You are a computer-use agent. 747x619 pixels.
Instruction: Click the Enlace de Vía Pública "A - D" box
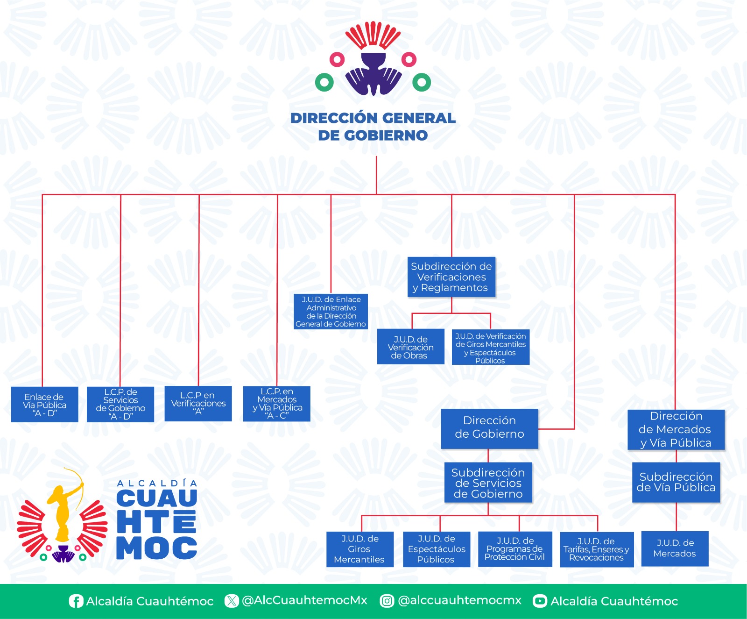click(44, 405)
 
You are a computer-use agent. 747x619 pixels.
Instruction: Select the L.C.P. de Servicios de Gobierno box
click(120, 404)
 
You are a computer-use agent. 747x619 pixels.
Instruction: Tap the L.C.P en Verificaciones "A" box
click(198, 403)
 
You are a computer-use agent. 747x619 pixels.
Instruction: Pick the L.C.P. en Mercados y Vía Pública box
click(277, 403)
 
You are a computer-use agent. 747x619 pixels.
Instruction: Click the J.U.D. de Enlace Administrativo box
click(331, 312)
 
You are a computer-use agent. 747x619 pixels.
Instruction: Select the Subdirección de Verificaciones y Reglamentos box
click(451, 277)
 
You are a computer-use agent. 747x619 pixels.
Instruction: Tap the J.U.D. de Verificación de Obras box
click(410, 347)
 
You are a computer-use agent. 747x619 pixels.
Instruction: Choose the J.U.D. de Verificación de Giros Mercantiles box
click(491, 348)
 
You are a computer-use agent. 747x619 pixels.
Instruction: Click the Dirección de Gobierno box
click(489, 428)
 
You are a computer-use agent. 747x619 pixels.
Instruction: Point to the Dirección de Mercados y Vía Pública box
click(676, 429)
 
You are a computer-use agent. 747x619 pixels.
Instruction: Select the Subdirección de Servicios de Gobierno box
click(488, 483)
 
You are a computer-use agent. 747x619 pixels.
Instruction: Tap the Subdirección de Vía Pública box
click(676, 482)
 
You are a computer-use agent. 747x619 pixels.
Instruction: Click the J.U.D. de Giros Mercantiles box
click(359, 549)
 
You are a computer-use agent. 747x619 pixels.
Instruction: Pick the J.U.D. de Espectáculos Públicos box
click(437, 549)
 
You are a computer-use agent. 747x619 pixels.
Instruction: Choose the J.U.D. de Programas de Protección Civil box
click(515, 549)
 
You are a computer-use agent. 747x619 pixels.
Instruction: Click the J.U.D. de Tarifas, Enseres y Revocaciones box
click(597, 549)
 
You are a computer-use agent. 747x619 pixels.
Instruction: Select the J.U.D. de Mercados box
click(675, 548)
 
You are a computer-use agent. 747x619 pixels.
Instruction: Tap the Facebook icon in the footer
click(76, 601)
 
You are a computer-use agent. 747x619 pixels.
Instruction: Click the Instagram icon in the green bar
click(387, 601)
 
